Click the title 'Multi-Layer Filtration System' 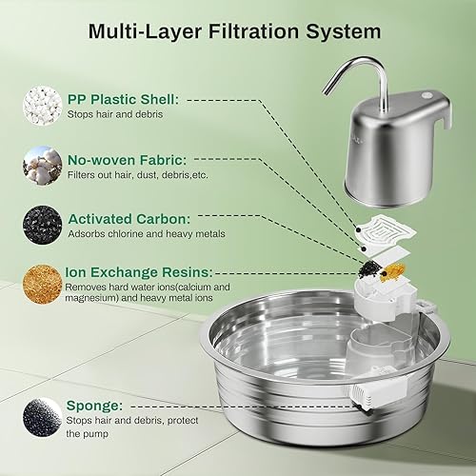(234, 30)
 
